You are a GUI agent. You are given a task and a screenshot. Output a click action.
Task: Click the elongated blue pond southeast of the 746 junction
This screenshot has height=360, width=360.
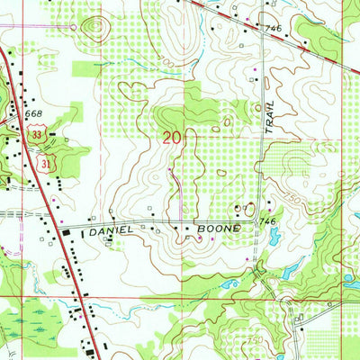(x=291, y=270)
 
